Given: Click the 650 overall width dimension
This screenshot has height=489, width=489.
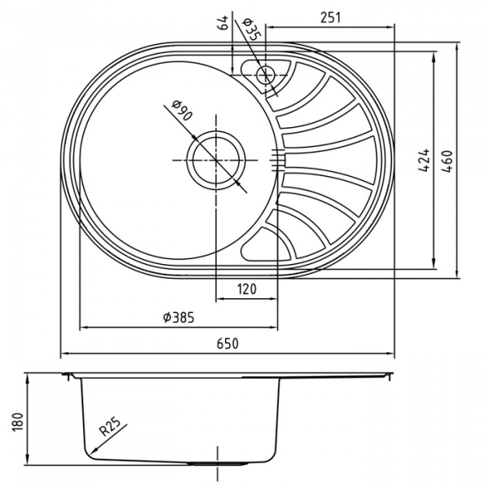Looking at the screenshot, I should pos(228,344).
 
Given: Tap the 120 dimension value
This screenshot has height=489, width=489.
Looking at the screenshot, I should pos(248,289).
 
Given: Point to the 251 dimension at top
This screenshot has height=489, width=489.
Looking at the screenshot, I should pos(331,15).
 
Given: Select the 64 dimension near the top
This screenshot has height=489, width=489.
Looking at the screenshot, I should pos(222,24).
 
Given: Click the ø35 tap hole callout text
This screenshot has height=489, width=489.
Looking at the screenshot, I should pos(251,29).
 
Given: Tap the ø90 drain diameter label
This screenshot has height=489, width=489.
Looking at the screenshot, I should pos(181,112).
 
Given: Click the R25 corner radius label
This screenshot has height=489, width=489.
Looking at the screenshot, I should pos(110,425).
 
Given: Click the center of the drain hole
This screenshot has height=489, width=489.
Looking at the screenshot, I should pos(217,160).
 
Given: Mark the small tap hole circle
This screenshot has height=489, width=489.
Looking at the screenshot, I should pos(265,75).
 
